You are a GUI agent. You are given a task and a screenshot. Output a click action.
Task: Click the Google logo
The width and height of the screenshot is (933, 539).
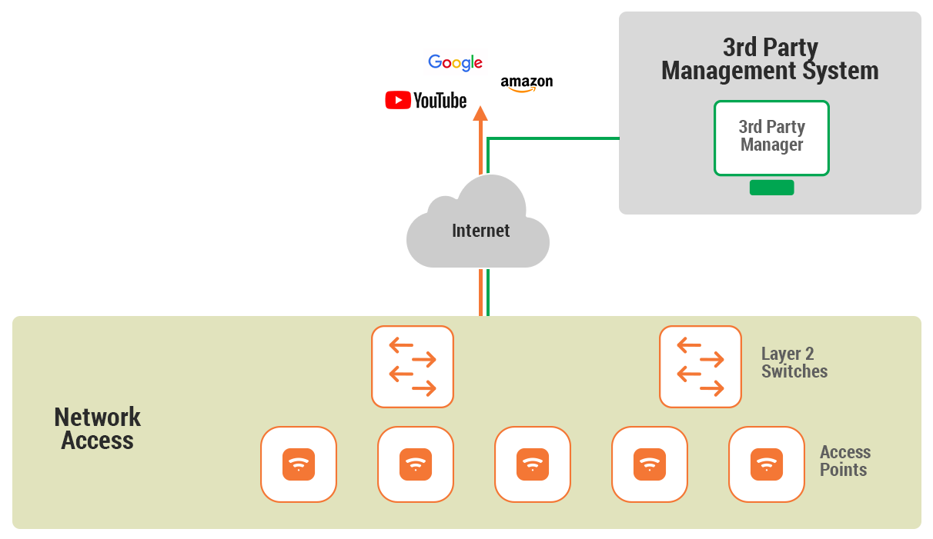(x=455, y=63)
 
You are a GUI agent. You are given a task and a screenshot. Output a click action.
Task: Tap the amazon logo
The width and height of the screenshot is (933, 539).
(x=527, y=83)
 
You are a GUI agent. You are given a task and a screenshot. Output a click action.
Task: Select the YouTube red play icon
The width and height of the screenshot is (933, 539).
(x=397, y=100)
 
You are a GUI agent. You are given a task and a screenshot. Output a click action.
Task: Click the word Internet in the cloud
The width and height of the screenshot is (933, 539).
(x=480, y=231)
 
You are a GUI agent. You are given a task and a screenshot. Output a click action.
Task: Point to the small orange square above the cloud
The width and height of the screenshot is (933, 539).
(x=480, y=113)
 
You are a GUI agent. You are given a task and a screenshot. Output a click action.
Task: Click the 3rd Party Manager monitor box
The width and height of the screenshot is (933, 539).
(x=771, y=137)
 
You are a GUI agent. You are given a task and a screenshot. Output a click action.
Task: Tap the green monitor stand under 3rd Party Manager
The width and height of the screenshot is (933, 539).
(x=771, y=188)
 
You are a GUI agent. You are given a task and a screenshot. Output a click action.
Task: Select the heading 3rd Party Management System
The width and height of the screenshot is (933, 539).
(x=770, y=59)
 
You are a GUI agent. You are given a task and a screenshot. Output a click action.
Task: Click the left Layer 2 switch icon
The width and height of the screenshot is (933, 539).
(x=413, y=367)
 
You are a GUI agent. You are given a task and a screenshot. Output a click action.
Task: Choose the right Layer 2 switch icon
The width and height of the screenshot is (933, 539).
(x=701, y=367)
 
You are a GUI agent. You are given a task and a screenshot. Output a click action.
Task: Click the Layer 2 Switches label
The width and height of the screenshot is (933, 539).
(x=794, y=363)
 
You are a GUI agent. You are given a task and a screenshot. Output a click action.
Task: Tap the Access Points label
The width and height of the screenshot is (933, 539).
(x=844, y=461)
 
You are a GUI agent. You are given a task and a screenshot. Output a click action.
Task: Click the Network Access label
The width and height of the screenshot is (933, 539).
(x=98, y=429)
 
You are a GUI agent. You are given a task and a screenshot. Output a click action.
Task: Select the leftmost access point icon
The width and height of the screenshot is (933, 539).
(x=299, y=464)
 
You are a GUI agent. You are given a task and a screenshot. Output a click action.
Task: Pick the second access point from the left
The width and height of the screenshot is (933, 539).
(x=416, y=464)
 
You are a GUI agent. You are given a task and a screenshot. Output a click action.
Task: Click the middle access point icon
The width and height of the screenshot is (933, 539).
(x=533, y=464)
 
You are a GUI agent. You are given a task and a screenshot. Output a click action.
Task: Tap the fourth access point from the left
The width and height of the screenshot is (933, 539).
(x=650, y=464)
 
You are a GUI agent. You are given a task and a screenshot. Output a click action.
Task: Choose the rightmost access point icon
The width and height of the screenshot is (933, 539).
(x=767, y=464)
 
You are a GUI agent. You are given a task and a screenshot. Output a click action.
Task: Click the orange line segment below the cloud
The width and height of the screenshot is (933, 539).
(x=481, y=292)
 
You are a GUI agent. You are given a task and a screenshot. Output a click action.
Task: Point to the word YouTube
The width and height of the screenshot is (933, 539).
(x=440, y=101)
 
